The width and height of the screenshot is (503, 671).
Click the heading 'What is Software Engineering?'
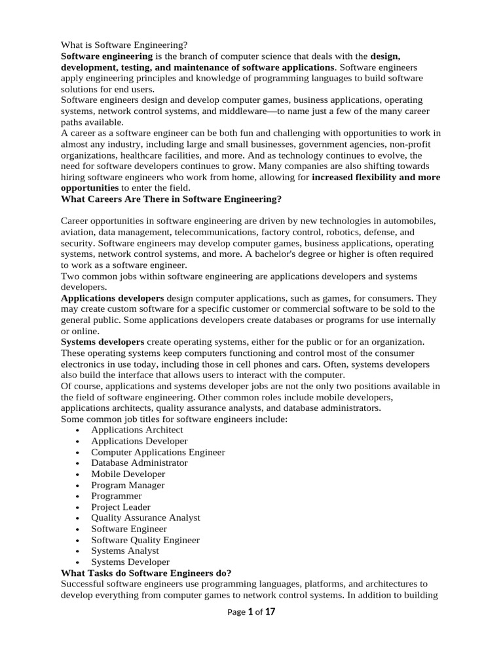(124, 45)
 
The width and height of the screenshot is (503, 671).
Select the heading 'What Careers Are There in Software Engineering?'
(171, 199)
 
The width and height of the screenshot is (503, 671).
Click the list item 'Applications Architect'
(137, 430)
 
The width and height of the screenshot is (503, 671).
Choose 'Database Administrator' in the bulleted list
(139, 463)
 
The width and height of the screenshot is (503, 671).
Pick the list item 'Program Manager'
(128, 485)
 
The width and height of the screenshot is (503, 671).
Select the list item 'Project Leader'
(121, 507)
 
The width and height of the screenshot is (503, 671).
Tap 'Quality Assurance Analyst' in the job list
(145, 518)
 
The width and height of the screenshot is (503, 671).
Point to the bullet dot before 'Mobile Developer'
(78, 474)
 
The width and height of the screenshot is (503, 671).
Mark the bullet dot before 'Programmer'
(78, 497)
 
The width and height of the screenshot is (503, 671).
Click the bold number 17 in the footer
(270, 612)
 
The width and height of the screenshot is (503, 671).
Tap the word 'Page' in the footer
(236, 613)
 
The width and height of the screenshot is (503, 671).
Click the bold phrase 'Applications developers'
(112, 298)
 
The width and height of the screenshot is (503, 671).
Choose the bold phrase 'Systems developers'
(102, 342)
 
